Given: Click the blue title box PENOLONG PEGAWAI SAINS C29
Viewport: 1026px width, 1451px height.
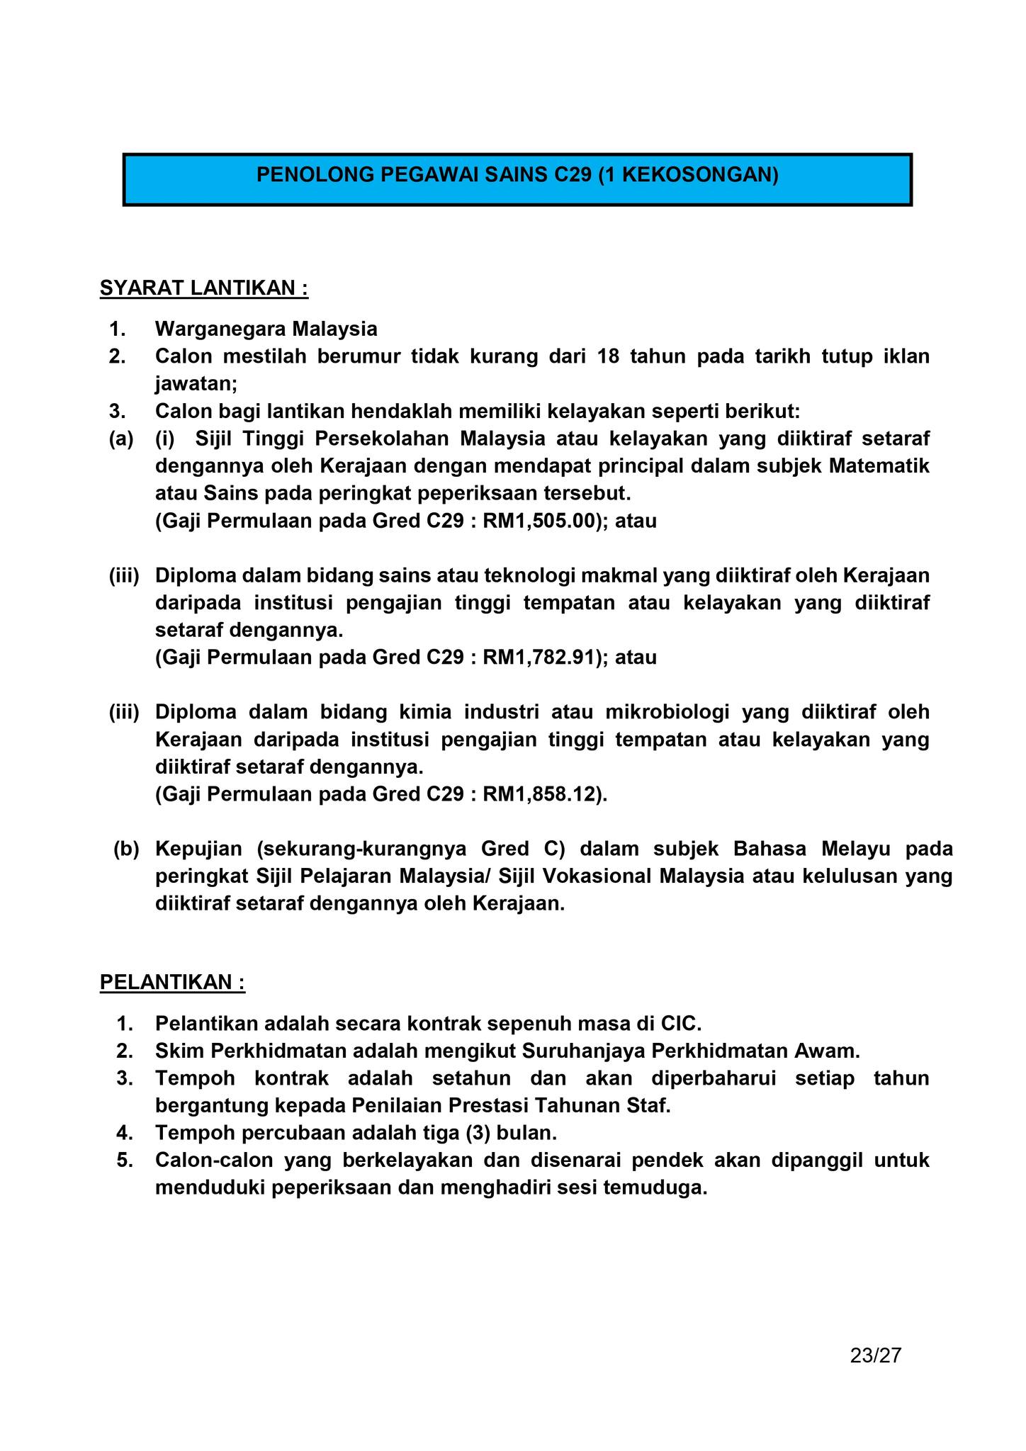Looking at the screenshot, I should (517, 180).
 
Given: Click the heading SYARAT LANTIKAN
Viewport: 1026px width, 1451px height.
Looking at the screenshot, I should (204, 288).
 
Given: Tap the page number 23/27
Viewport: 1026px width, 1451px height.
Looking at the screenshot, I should (876, 1355).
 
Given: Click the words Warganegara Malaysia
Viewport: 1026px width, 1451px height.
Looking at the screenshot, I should (266, 329).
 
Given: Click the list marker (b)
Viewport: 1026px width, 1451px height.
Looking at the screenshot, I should (127, 849).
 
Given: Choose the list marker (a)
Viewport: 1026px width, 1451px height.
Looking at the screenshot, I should (120, 439).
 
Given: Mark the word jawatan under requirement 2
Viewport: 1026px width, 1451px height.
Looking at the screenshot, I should (196, 384).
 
